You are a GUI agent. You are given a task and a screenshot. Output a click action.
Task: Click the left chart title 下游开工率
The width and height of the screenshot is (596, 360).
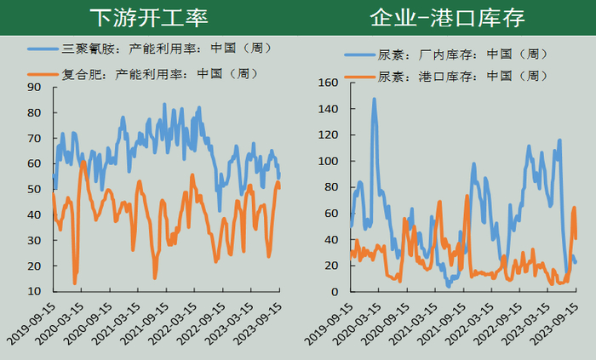149,18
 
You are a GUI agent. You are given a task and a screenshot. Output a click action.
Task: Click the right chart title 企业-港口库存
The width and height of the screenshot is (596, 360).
447,18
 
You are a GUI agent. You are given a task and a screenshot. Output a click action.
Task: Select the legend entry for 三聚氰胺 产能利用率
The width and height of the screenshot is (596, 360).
150,49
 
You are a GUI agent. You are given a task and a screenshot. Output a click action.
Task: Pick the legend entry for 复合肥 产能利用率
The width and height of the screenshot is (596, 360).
143,74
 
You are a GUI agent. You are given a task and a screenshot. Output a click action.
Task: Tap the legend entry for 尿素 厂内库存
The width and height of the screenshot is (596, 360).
446,54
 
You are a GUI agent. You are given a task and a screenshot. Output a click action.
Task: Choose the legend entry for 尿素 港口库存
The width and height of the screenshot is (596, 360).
446,77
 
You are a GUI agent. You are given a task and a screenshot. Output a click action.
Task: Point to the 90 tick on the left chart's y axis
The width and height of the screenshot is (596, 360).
34,88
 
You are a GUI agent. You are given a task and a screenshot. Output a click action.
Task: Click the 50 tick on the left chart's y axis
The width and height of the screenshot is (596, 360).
34,189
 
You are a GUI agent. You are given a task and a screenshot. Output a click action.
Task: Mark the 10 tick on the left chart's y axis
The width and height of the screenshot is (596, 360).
34,291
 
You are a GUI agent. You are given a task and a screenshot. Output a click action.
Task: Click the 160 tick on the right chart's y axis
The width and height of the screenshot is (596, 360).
328,83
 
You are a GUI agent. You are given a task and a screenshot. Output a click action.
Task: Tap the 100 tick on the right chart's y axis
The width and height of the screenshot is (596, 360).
328,161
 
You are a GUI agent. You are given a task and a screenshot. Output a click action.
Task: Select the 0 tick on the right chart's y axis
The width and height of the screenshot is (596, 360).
335,292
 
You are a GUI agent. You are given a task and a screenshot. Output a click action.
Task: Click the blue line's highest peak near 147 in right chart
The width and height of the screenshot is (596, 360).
374,100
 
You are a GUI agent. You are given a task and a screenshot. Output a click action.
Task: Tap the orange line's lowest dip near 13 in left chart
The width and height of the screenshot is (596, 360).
75,283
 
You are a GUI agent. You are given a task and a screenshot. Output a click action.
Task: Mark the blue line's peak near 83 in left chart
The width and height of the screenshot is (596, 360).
164,105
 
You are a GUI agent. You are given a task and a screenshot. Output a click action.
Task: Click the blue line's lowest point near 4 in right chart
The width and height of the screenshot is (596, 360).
449,286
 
